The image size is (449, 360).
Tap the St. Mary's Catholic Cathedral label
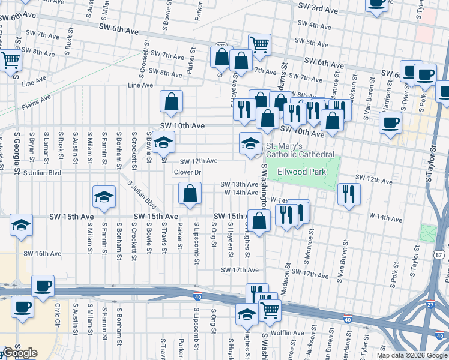coord(300,150)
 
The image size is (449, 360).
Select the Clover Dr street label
coord(187,172)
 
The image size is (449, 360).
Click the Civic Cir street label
coord(58,314)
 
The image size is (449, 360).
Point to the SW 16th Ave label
coord(43,254)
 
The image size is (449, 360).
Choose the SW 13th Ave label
coord(239,184)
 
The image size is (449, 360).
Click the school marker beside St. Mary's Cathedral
coord(250,143)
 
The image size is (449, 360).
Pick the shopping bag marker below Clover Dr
coord(190,194)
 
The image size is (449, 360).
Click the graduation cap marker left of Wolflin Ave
coord(247,313)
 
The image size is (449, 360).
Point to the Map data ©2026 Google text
coord(411,355)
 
